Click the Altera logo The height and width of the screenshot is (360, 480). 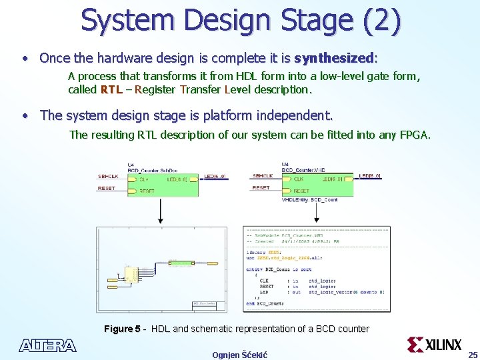tap(47, 345)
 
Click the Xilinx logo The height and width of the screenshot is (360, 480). tap(435, 345)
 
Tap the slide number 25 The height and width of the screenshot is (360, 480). tap(472, 354)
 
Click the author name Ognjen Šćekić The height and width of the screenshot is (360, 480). tap(239, 355)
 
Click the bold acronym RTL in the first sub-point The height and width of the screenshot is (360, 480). tap(111, 89)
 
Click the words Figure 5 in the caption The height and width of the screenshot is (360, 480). tap(122, 329)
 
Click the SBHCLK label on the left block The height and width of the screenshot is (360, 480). tap(109, 177)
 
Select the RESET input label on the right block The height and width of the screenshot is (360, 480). tap(261, 188)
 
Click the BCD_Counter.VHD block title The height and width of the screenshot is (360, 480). tap(303, 170)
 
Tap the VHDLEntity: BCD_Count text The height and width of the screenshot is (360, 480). tap(309, 200)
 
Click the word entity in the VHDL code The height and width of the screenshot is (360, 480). tap(255, 269)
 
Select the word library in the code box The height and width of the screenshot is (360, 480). tap(257, 251)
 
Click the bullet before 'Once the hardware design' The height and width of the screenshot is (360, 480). tap(24, 58)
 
